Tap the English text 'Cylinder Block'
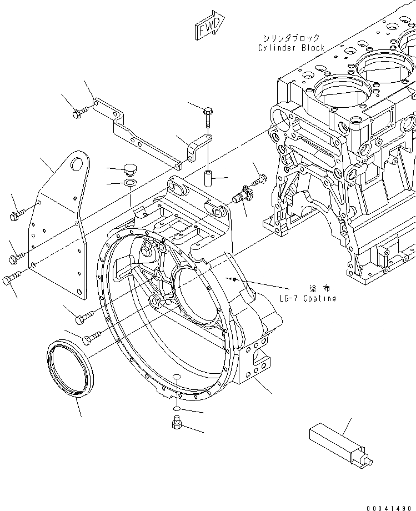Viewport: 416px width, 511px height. tap(291, 48)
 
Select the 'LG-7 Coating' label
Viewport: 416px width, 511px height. tap(307, 298)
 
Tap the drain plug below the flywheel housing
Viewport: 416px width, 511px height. tap(175, 425)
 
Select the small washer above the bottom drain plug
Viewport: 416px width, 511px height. tap(175, 409)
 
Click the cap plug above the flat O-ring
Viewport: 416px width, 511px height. tap(131, 168)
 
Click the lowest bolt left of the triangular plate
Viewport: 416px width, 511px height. tap(11, 279)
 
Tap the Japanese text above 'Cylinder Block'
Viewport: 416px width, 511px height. tap(292, 38)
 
